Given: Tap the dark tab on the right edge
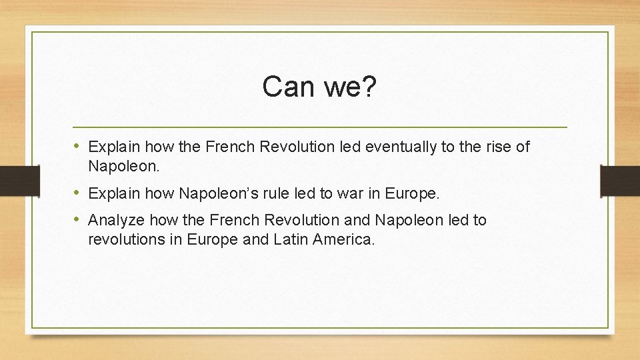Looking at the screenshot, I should click(x=620, y=180).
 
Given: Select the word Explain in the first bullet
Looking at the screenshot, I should click(x=115, y=147).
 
